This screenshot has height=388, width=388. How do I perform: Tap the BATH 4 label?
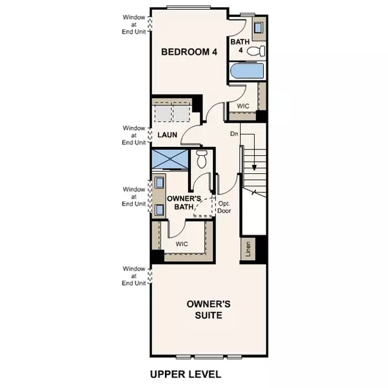[x=239, y=47]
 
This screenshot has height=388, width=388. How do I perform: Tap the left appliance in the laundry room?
[x=163, y=114]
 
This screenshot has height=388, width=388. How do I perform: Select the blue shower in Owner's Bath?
[x=169, y=158]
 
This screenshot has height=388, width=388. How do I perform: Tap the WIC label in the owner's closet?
[x=183, y=244]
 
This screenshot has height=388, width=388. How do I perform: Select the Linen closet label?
[x=248, y=249]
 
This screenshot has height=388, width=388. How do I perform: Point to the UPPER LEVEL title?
[x=186, y=374]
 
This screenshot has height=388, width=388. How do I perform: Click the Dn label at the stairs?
[x=235, y=135]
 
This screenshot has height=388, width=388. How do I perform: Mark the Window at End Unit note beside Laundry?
[x=136, y=135]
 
